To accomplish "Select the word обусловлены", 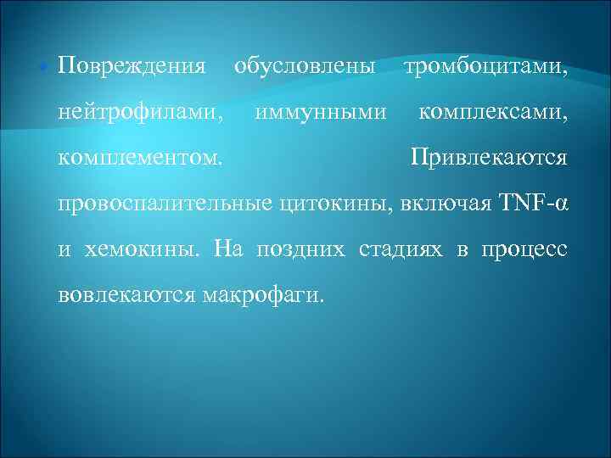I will (304, 65).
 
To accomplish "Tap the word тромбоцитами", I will (486, 65).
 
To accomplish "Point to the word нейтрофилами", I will (142, 111).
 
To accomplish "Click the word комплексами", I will (492, 111).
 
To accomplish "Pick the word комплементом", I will (142, 158).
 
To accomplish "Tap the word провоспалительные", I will (165, 204).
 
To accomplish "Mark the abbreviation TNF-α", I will (532, 204).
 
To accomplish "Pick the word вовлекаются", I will (126, 295).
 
